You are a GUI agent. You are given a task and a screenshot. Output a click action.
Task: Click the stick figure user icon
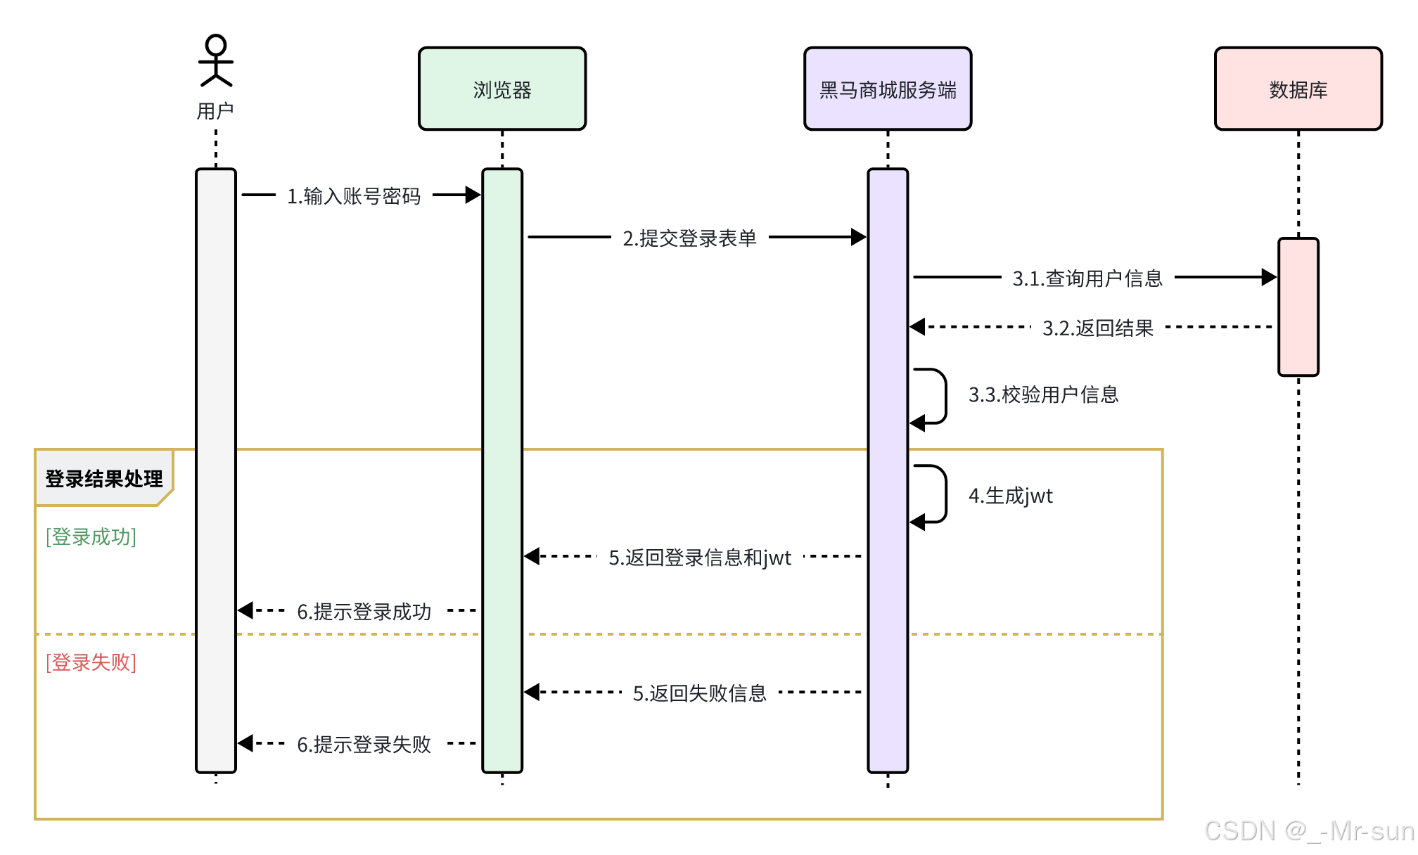[215, 61]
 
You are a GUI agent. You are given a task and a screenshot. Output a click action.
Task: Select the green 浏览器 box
[502, 89]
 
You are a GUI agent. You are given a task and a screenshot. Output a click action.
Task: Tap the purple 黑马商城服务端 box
[888, 89]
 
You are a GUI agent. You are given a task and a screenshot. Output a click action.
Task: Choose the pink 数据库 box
[1298, 89]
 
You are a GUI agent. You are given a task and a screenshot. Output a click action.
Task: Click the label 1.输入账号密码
[353, 196]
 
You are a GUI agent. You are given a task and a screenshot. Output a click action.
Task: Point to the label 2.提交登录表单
[689, 238]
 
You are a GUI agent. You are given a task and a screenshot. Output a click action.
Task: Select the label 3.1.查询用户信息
[1087, 278]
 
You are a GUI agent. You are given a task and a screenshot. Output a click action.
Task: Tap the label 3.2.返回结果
[1097, 328]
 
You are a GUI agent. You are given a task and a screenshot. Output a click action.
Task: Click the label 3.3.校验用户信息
[1043, 394]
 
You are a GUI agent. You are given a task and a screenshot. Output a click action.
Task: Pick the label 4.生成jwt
[1010, 496]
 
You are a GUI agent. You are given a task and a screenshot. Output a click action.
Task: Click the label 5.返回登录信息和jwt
[700, 558]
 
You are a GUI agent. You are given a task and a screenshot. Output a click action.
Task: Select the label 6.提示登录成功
[364, 612]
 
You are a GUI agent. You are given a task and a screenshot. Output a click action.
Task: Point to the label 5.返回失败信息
[699, 693]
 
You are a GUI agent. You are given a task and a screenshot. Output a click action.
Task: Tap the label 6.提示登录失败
[364, 745]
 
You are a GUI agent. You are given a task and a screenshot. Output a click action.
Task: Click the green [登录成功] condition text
[91, 536]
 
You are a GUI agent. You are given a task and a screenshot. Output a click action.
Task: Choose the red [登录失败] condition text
[91, 662]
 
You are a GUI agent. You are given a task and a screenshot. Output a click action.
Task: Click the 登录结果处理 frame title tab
[103, 478]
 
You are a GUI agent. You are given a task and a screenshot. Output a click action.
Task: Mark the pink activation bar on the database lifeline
[1298, 307]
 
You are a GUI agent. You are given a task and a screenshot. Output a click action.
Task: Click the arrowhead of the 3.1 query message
[1269, 277]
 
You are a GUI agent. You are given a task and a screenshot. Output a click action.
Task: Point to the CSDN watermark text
[1308, 831]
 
